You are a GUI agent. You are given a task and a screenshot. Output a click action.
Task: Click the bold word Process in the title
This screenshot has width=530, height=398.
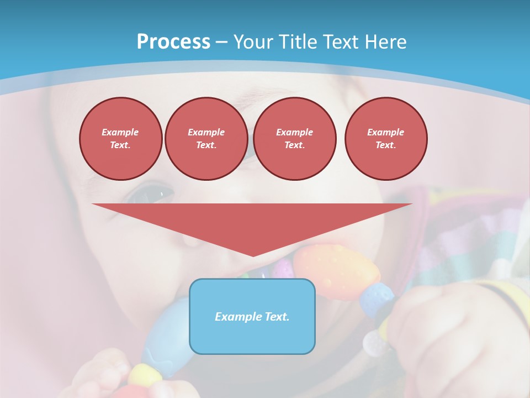pos(173,42)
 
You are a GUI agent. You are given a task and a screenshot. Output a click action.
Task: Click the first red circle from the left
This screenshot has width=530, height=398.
pos(120,139)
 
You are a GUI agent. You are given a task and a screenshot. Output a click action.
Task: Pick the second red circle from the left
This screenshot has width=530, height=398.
pos(206,139)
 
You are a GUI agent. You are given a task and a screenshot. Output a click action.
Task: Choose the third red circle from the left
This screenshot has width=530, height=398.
pos(294,139)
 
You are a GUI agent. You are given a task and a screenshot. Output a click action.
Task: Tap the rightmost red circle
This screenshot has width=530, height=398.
pos(385,139)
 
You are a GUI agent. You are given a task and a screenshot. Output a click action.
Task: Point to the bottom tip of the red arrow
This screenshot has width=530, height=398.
pos(253,255)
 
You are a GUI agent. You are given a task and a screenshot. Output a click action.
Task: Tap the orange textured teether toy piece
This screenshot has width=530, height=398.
pos(337,270)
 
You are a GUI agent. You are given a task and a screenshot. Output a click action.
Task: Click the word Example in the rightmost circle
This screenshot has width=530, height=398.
pos(385,132)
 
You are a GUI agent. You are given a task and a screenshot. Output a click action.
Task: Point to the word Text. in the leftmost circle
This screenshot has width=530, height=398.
pos(120,145)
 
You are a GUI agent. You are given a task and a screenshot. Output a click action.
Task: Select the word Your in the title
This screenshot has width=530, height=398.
pos(255,42)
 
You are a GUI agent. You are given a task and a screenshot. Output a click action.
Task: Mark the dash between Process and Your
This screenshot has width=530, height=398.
pos(222,43)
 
